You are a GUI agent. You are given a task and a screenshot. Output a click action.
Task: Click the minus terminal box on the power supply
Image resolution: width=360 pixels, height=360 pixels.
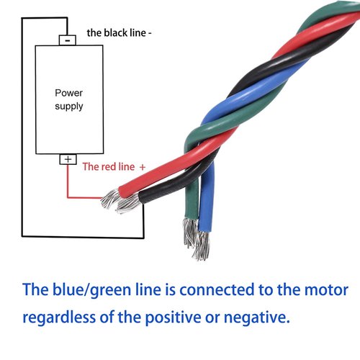click(67, 40)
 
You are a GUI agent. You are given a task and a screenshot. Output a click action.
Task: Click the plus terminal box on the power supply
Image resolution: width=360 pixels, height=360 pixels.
click(68, 159)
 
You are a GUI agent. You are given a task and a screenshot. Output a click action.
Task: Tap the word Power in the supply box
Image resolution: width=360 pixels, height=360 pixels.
click(68, 93)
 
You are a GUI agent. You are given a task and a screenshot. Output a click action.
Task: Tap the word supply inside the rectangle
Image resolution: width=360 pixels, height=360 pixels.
click(69, 107)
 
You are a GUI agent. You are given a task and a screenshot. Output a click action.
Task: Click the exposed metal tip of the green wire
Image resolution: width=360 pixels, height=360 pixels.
click(189, 232)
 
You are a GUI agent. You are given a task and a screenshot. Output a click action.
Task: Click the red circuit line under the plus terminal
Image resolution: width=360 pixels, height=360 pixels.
click(68, 184)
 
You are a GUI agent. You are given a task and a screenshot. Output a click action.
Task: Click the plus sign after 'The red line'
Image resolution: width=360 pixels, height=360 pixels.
click(142, 166)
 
